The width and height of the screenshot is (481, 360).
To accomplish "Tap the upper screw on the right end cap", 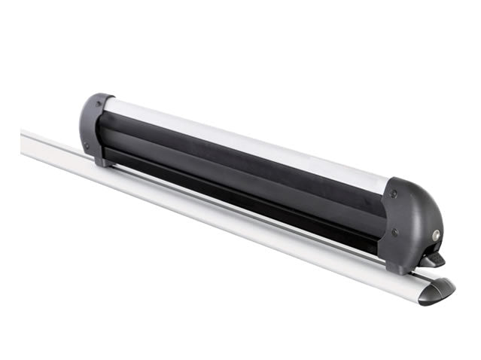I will (x=394, y=195).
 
